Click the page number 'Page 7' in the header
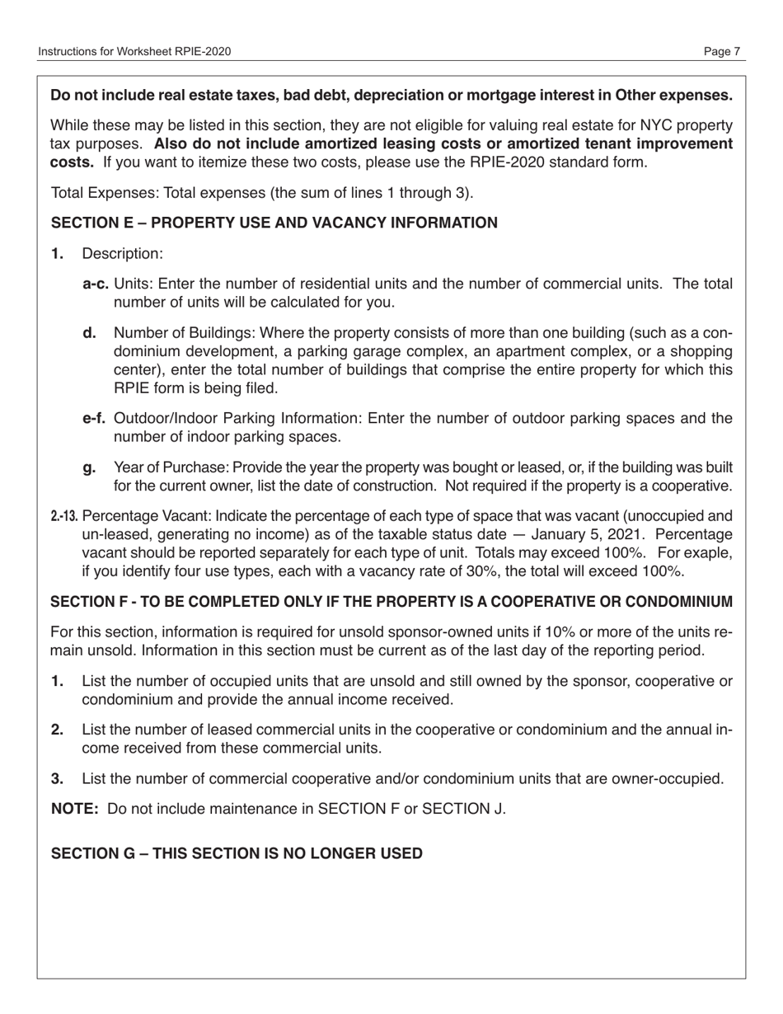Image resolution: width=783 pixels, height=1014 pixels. pyautogui.click(x=722, y=52)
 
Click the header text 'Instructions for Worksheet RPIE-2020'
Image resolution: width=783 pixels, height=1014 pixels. pyautogui.click(x=134, y=52)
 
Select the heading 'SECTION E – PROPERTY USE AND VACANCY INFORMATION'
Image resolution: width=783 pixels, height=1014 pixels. pyautogui.click(x=274, y=223)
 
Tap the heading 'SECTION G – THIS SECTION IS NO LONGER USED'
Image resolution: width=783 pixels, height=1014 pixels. pyautogui.click(x=237, y=853)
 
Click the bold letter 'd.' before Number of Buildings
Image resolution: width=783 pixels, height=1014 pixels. pyautogui.click(x=90, y=332)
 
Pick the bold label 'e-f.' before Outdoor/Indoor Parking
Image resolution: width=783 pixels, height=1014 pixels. pyautogui.click(x=95, y=418)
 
